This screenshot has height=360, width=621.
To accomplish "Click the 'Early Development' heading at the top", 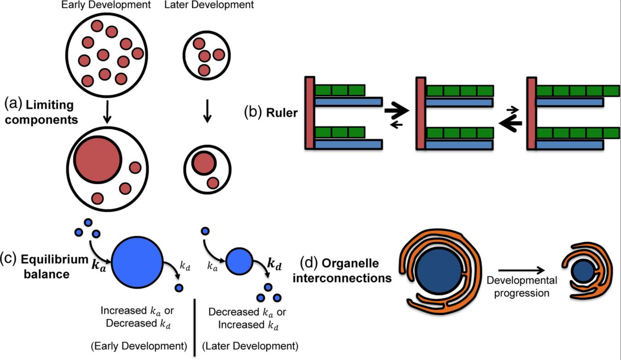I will (106, 6).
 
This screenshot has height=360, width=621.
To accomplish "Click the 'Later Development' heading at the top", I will (216, 6).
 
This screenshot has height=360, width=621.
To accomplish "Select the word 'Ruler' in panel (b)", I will (281, 113).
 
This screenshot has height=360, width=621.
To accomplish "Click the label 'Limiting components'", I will (50, 112).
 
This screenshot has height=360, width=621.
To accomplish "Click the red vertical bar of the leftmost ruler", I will (309, 113).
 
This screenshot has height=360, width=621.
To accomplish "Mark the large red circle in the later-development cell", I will (203, 163).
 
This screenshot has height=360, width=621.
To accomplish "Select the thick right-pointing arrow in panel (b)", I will (397, 110).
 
